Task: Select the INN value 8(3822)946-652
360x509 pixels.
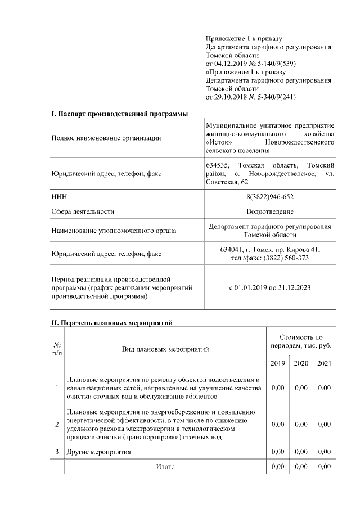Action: click(270, 196)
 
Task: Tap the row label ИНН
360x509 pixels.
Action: click(58, 196)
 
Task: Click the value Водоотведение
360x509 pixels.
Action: click(270, 211)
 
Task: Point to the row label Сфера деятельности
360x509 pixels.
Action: click(83, 211)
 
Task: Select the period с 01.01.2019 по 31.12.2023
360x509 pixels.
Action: click(270, 287)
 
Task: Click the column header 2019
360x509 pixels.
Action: click(277, 363)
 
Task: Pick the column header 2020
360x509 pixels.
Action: click(301, 363)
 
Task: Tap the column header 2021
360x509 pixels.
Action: click(324, 363)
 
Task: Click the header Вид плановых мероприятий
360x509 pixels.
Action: click(165, 349)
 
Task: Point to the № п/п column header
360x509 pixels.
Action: click(57, 349)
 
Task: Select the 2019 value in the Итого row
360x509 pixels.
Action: click(277, 467)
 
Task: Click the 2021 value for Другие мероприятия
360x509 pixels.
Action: click(324, 452)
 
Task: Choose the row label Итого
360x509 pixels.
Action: click(165, 467)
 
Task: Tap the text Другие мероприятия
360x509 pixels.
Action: click(98, 452)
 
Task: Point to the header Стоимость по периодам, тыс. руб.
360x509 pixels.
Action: click(301, 341)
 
